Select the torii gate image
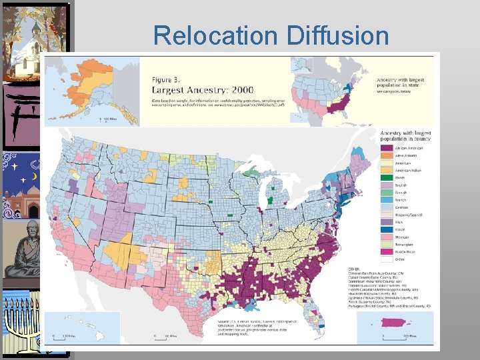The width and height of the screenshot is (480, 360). click(x=20, y=113)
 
